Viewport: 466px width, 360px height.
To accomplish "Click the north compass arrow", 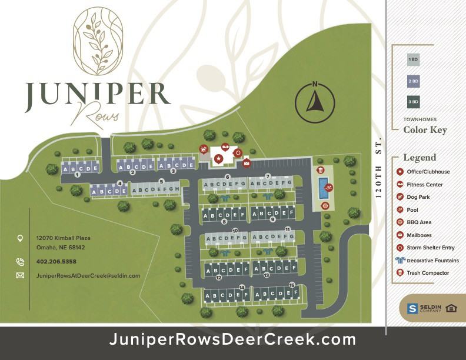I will pos(315,100).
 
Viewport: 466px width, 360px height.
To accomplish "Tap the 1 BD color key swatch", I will pos(413,60).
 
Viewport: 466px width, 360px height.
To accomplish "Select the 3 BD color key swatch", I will pos(413,102).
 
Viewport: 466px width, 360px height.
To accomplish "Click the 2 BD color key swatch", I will pos(413,81).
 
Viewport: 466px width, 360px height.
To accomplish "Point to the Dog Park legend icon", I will pos(400,197).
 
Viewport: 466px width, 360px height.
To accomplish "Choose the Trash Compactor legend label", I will pos(428,273).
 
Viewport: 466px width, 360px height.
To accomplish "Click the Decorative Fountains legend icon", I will pos(400,260).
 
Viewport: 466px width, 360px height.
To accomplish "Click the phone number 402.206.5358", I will pos(56,262).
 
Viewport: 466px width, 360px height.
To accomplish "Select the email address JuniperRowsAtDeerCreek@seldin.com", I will pos(88,275).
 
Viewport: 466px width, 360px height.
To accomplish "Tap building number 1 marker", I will pos(77,175).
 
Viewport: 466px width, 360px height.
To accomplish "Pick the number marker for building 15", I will pos(292,285).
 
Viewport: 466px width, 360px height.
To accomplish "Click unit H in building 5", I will pos(177,189).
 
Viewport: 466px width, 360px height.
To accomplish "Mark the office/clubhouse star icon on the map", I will pos(219,158).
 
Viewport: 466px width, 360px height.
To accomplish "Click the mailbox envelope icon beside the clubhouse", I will pos(247,162).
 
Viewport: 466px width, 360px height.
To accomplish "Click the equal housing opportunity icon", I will pos(451,308).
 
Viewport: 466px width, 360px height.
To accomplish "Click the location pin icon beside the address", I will pos(20,238).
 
